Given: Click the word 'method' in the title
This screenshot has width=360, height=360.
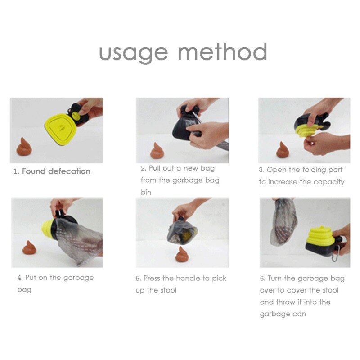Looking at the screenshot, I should click(x=222, y=53).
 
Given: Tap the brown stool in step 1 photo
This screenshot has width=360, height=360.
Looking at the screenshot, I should click(x=25, y=147).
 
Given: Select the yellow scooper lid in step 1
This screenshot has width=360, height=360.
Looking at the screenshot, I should click(x=60, y=126).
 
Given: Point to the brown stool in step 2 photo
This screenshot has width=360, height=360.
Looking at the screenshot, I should click(x=157, y=151).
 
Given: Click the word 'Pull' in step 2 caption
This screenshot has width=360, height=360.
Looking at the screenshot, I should click(x=157, y=168).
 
